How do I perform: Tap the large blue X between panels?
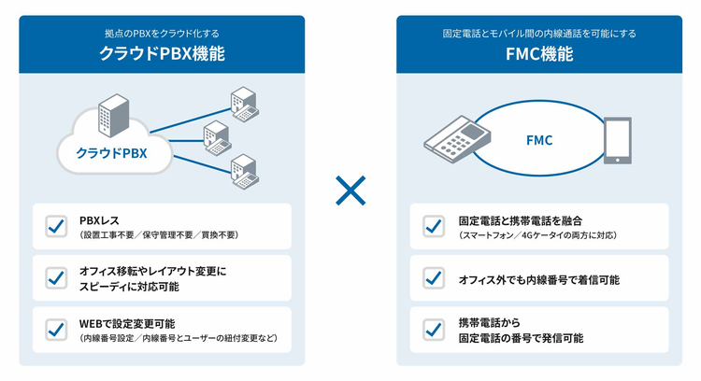[350, 192]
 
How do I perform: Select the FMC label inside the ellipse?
[538, 140]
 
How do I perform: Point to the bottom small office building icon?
[242, 168]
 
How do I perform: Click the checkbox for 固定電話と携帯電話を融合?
[433, 226]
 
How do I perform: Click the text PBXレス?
[99, 220]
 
